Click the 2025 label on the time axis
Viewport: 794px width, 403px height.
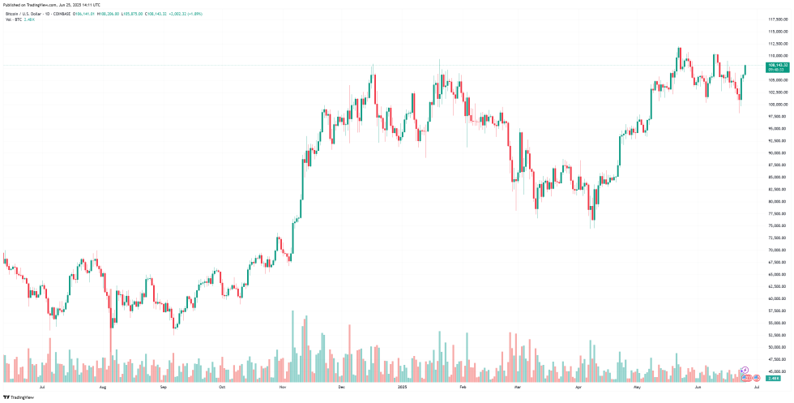coord(403,388)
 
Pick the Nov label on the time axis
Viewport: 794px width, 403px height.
coord(282,388)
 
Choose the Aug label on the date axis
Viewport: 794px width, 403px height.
coord(103,388)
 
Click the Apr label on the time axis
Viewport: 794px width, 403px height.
coord(578,388)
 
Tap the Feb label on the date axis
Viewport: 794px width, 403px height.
coord(463,388)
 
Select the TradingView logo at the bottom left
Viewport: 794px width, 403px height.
coord(19,397)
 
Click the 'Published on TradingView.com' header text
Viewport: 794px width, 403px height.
coord(52,5)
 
